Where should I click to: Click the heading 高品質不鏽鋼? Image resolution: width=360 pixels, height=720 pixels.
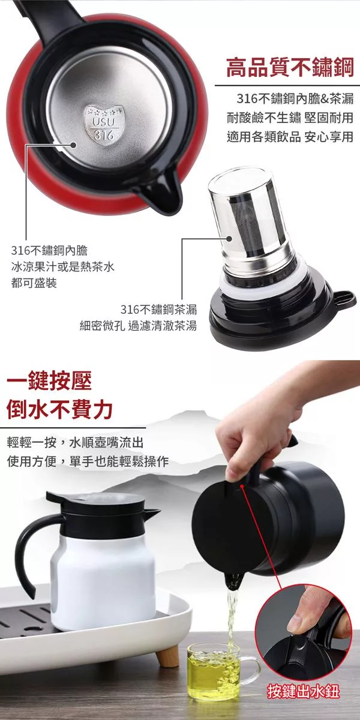[x=290, y=67]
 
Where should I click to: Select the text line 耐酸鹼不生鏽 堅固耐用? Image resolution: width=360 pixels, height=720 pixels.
[x=290, y=118]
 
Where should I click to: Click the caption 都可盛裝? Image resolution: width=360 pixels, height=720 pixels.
[x=34, y=283]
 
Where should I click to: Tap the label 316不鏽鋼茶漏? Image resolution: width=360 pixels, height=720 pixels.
[x=158, y=310]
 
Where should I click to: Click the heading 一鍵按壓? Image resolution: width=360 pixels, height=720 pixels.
[x=49, y=380]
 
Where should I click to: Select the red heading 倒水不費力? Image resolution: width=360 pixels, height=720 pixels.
[x=60, y=409]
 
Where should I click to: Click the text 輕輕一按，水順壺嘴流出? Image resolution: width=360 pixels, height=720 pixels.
[x=75, y=443]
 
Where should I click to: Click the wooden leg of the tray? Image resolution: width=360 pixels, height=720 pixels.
[x=168, y=658]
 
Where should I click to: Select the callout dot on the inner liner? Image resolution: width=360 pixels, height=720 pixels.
[x=73, y=145]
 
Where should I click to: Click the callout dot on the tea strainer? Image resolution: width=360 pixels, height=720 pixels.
[x=229, y=239]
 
